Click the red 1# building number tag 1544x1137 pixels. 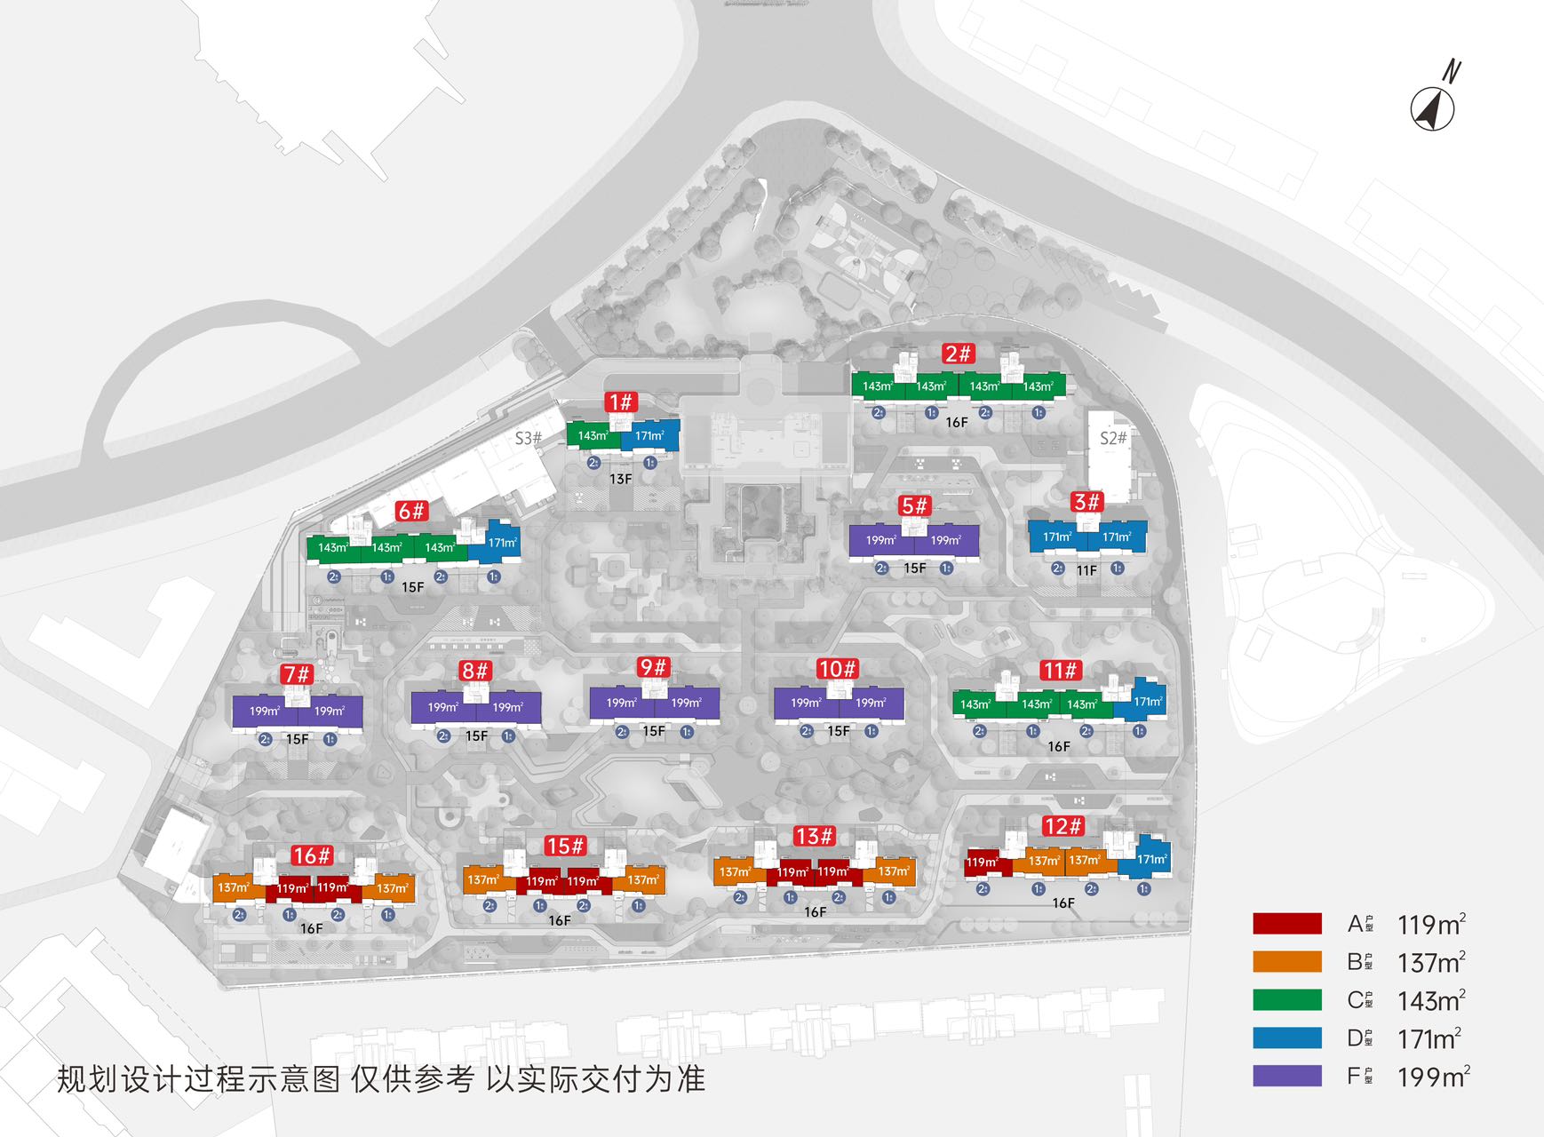[620, 402]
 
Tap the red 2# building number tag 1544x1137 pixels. [958, 354]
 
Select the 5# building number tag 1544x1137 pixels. [914, 505]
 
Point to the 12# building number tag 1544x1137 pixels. [1062, 826]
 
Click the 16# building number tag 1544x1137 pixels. [312, 855]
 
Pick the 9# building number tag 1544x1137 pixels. [653, 667]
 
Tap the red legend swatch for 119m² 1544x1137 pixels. [1286, 924]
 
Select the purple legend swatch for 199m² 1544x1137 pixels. [1286, 1076]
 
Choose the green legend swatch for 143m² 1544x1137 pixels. [1286, 1000]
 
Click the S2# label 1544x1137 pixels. [1112, 438]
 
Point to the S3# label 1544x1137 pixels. [528, 438]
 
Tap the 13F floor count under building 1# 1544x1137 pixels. [620, 479]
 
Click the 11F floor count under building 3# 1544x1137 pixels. [1086, 570]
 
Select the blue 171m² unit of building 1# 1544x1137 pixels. [650, 436]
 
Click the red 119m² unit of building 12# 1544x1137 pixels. [983, 863]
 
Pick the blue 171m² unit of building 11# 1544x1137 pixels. [1147, 702]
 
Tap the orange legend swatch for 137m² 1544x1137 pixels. [1286, 962]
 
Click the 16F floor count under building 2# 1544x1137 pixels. [956, 422]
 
